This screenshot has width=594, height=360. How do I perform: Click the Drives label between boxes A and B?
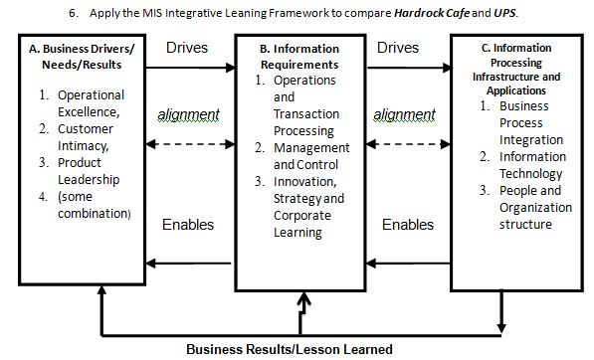(187, 48)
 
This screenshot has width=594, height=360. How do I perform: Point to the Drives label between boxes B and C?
(398, 48)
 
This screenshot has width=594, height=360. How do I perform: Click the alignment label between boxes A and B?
(189, 114)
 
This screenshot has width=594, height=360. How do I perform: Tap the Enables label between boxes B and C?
(408, 225)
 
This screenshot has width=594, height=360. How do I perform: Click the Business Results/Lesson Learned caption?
(289, 349)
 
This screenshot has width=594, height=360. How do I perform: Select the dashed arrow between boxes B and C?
(405, 145)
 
